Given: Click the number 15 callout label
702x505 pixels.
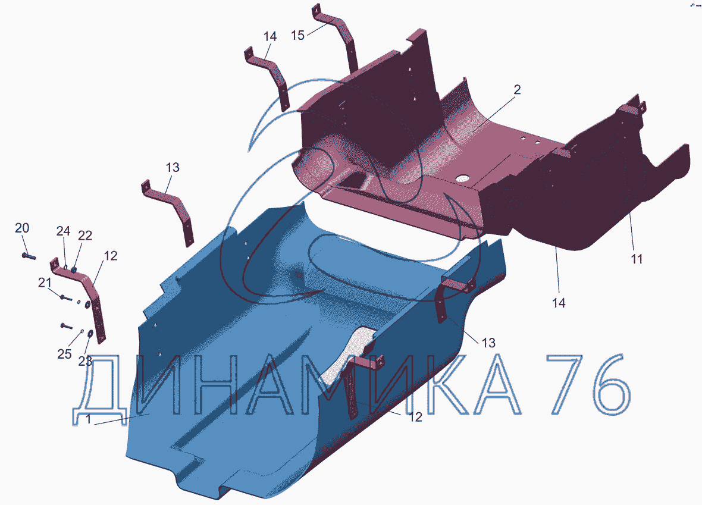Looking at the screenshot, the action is pos(297,35).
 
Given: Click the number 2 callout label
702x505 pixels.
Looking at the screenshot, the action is pos(517,90).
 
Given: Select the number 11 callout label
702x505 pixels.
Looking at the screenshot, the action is pos(637,259).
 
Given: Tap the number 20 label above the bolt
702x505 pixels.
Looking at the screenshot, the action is pos(22,228).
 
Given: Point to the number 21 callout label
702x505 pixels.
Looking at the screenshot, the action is pos(45,283).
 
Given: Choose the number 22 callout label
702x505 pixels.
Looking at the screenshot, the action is pos(85,236).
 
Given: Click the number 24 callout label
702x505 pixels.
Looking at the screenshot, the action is pos(63,231).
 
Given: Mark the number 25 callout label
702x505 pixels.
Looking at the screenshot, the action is pos(64,354).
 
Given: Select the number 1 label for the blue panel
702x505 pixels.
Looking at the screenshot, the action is pos(88,419).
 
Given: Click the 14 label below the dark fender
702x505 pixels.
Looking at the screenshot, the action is pos(559,303).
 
